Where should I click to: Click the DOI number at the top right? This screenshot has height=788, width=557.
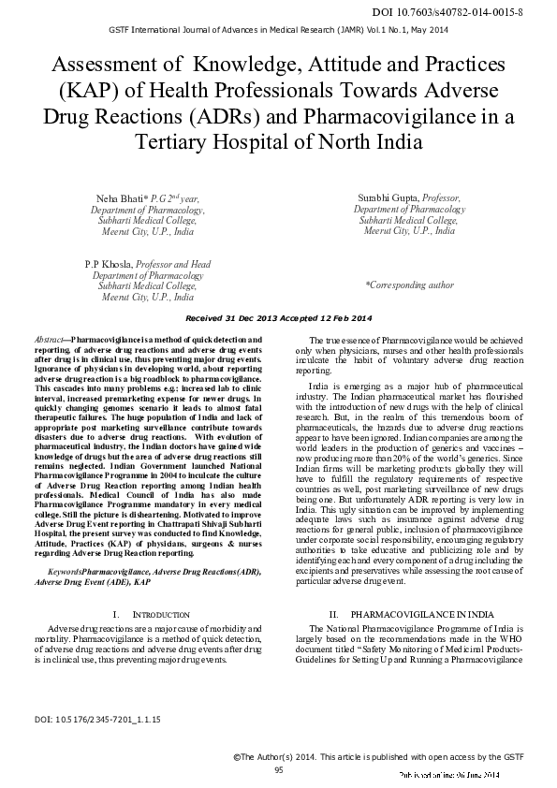(474, 12)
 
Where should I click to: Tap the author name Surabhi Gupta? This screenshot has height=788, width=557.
(388, 198)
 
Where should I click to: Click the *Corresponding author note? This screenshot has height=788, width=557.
(409, 285)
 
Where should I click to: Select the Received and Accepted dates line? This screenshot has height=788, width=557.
(278, 318)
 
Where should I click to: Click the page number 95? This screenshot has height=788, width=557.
(278, 769)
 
